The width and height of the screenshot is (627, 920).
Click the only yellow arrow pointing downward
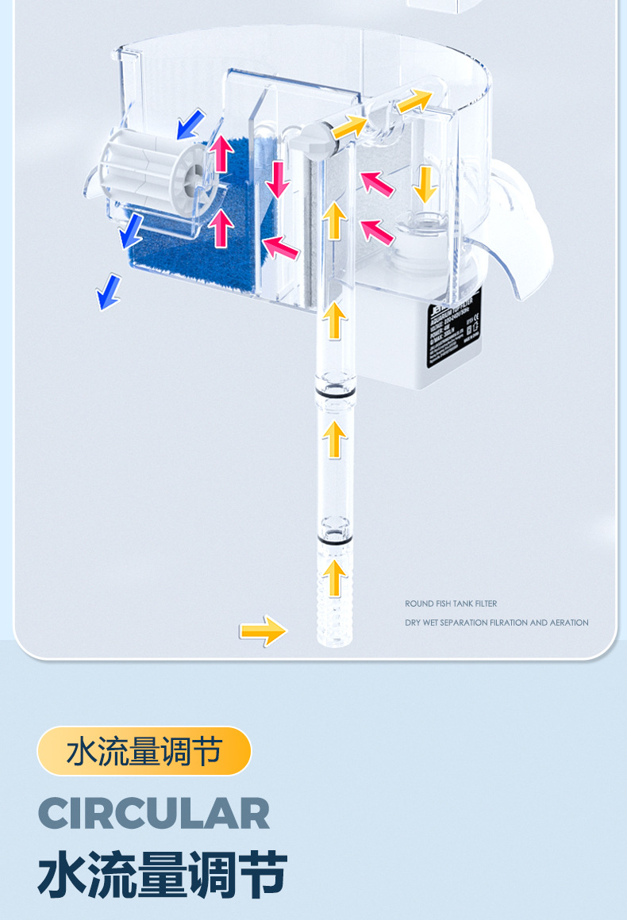(x=425, y=183)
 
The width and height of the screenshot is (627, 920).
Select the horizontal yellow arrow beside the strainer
(x=263, y=631)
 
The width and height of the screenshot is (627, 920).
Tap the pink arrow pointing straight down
(x=277, y=178)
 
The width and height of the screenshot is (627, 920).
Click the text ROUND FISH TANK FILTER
(x=451, y=604)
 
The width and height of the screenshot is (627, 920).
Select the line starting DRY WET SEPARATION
(x=497, y=623)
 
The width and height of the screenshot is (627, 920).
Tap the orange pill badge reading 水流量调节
(x=144, y=751)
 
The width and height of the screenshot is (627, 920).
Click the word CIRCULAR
(x=154, y=814)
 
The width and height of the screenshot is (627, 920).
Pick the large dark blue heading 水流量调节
(x=162, y=875)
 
